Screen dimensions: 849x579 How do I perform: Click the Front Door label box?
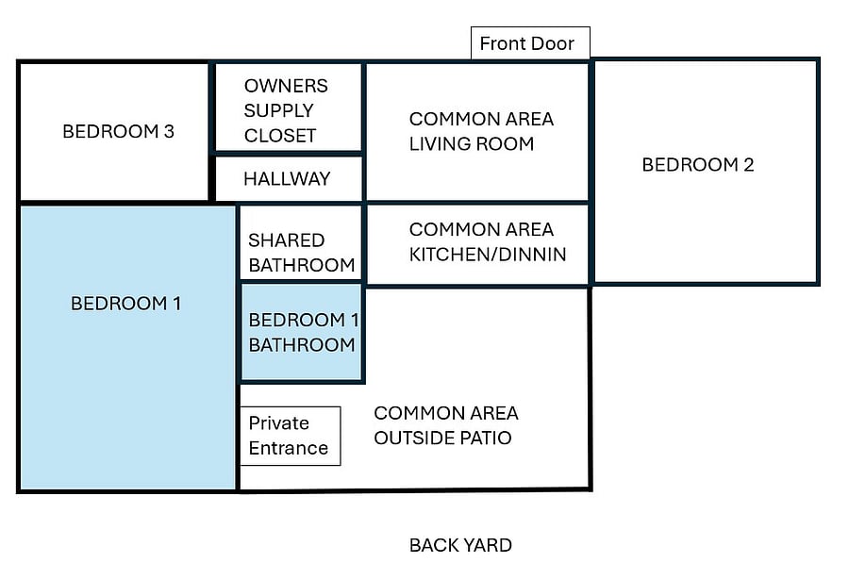click(x=530, y=42)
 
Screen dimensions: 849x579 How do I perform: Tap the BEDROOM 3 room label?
click(x=119, y=131)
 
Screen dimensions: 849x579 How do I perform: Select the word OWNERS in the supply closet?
click(x=286, y=86)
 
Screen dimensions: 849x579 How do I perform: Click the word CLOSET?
click(x=280, y=135)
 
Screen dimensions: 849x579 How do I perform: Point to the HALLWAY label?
click(x=287, y=178)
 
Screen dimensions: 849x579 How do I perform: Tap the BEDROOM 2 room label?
click(x=698, y=164)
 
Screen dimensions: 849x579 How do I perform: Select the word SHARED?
click(x=287, y=240)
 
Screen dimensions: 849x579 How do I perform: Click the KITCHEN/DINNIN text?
click(x=488, y=255)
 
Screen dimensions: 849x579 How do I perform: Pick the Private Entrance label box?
click(x=291, y=437)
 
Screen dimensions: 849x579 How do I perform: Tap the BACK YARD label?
click(x=460, y=545)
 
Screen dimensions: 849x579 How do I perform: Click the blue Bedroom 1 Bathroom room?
click(x=302, y=332)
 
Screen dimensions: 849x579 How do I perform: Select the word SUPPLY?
click(x=279, y=110)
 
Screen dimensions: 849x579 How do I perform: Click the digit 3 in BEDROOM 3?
click(x=169, y=131)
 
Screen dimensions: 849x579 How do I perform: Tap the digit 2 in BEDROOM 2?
click(x=749, y=164)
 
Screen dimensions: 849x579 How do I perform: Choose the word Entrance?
click(x=289, y=448)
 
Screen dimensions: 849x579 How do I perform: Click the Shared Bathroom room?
click(x=301, y=242)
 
